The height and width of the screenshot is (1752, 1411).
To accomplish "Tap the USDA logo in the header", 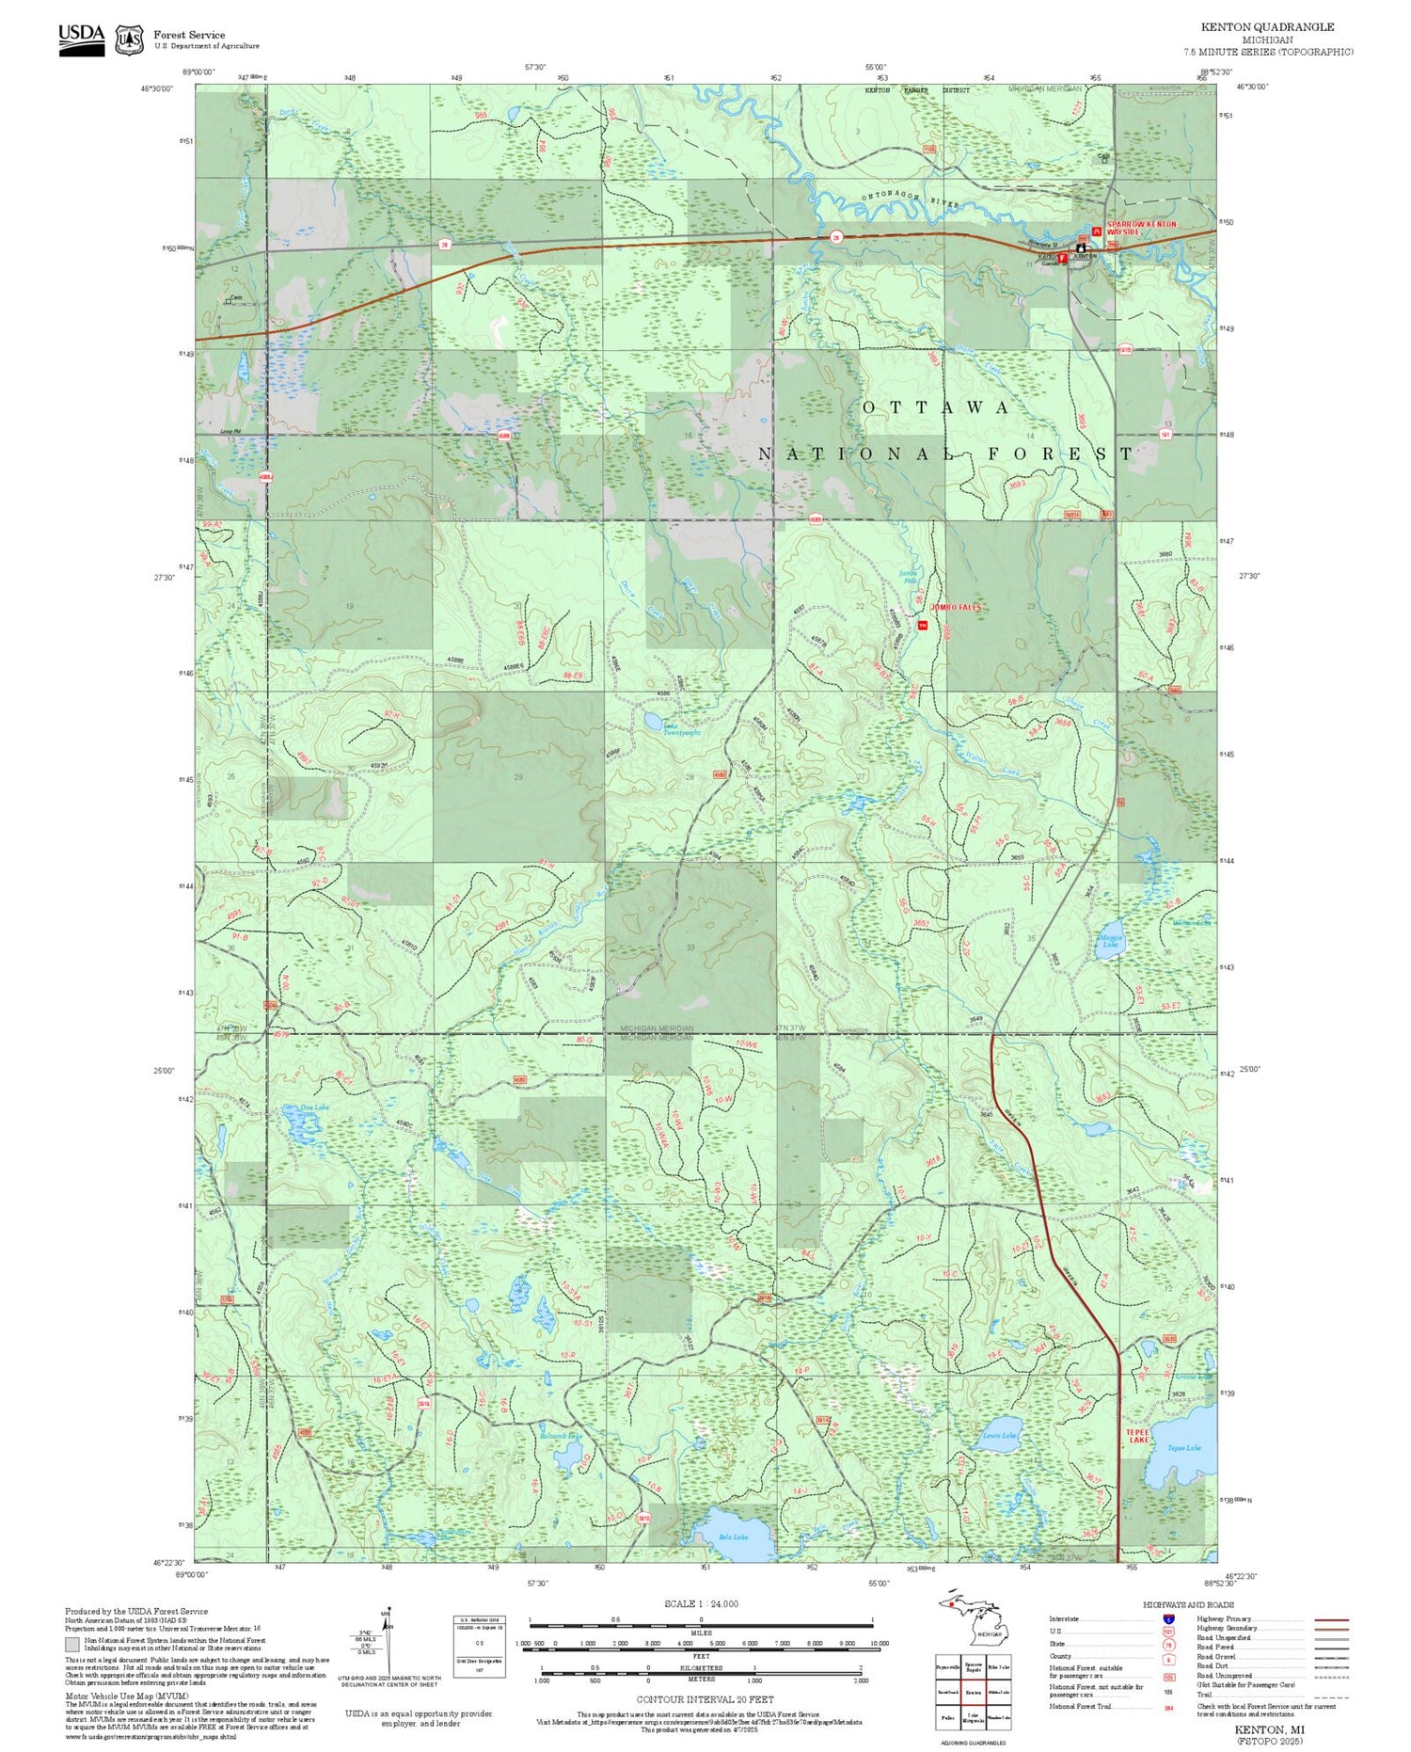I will point(81,40).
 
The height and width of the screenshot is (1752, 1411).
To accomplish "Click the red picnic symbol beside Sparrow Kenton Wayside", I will point(1095,231).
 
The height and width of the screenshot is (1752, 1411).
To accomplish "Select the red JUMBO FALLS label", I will point(956,608).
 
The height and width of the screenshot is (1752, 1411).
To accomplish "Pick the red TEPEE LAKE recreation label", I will point(1137,1436).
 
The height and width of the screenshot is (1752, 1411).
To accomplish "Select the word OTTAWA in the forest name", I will point(936,407).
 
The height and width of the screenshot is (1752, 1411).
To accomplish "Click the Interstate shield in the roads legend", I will point(1168,1619).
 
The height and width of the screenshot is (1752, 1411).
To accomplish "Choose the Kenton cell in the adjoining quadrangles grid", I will point(973,1692).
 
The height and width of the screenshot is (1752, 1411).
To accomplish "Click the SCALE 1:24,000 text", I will point(701,1604).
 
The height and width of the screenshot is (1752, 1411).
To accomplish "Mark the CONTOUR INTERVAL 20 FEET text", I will point(705,1699).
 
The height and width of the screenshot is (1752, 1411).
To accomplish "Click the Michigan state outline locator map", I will point(969,1622).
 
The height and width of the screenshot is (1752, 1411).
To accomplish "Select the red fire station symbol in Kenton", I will point(1063,257).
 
